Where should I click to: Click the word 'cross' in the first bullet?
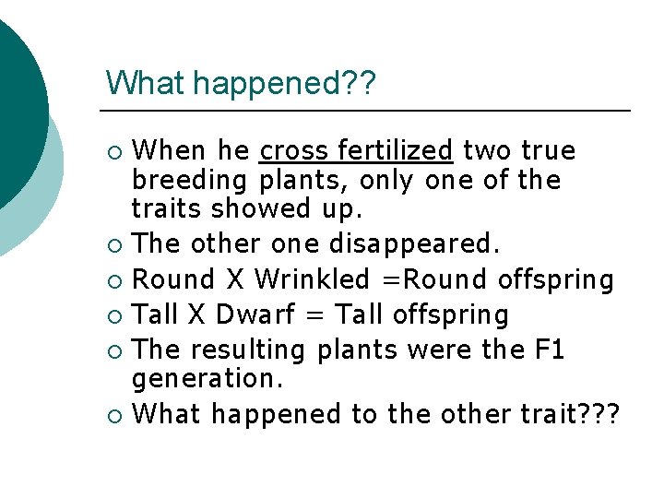click(x=293, y=150)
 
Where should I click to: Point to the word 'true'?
click(x=548, y=150)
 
